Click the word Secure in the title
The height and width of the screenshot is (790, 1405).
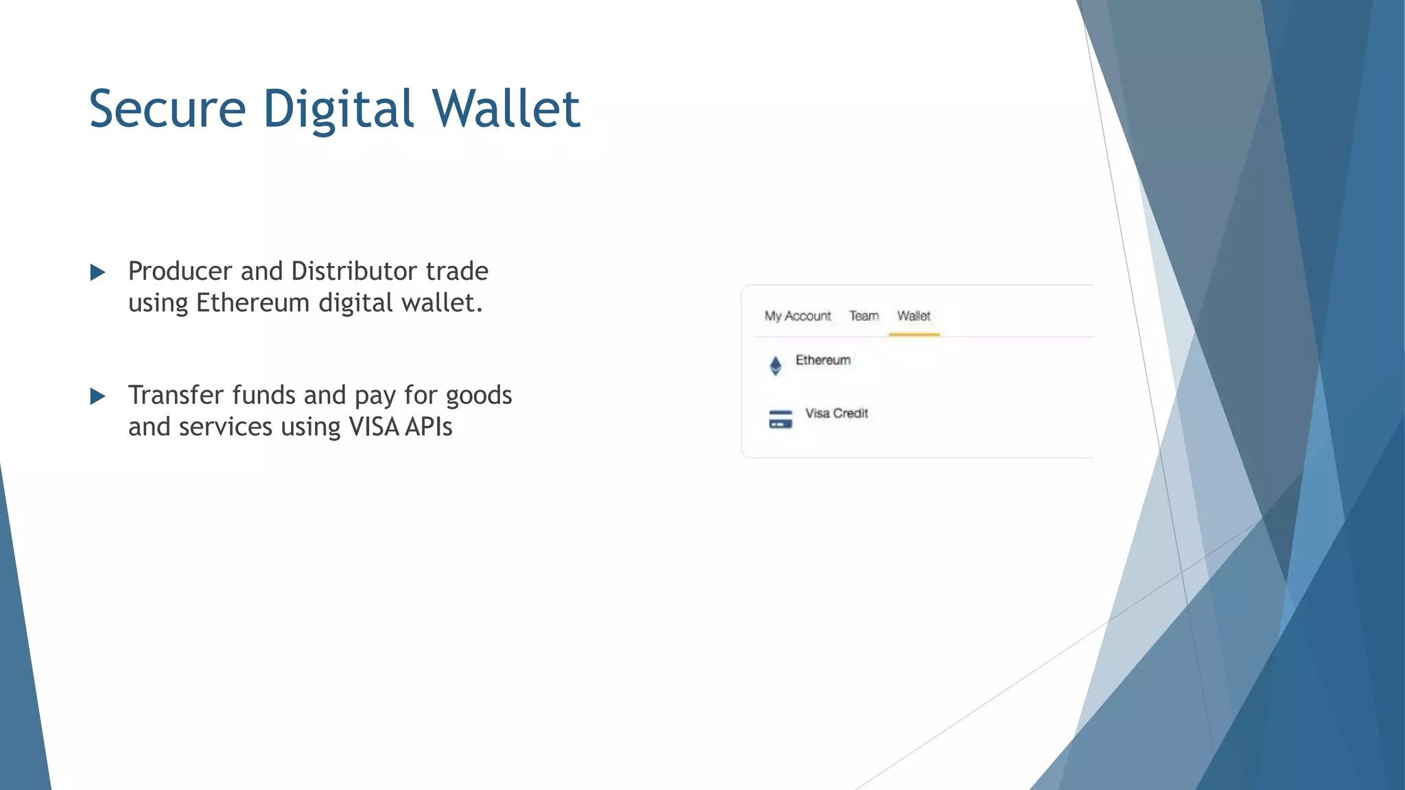[x=167, y=109]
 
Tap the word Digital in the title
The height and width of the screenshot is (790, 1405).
[x=339, y=109]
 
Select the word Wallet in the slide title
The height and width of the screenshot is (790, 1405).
[x=506, y=109]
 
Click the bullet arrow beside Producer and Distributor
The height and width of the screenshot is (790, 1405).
[x=98, y=273]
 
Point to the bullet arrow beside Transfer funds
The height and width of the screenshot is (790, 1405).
[x=98, y=396]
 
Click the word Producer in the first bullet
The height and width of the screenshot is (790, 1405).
[x=180, y=272]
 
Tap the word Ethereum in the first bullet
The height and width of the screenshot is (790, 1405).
[x=252, y=303]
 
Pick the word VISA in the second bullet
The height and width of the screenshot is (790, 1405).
[x=374, y=427]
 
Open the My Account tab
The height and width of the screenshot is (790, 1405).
[x=797, y=316]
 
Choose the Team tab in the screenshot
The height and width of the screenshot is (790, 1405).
[x=864, y=316]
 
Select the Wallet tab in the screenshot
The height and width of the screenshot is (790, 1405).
[x=914, y=316]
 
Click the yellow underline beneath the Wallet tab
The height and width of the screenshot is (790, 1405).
[x=914, y=334]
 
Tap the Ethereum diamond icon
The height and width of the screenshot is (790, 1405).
[x=776, y=366]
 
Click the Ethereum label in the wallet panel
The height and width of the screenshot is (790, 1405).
[x=823, y=360]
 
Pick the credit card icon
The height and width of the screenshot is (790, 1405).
[x=781, y=419]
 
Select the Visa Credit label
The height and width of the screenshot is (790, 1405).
[x=836, y=414]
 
